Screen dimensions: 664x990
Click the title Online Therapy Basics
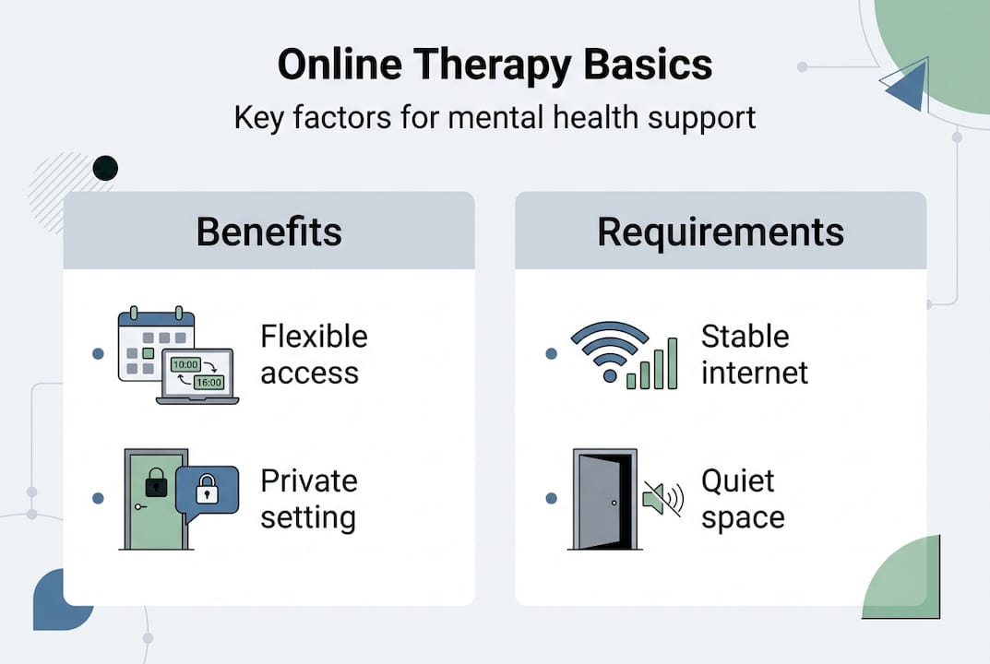[495, 67]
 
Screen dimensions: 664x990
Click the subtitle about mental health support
[495, 118]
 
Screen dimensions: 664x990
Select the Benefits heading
[268, 231]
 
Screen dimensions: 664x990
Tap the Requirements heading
[720, 231]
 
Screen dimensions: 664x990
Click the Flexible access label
[314, 354]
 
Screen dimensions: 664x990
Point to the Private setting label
[308, 499]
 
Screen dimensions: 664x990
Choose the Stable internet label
[754, 354]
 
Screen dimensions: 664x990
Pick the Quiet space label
[743, 499]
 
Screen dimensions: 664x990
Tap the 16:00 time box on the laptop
[209, 382]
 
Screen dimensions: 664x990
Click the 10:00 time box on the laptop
[186, 365]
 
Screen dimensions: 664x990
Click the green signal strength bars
[653, 365]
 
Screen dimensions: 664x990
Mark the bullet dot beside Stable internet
[552, 354]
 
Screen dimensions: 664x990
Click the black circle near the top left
[105, 168]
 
